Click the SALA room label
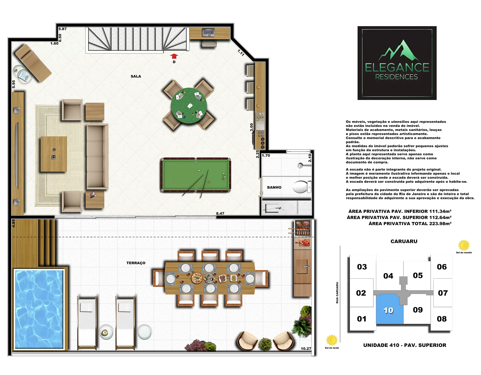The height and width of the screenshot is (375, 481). point(136,76)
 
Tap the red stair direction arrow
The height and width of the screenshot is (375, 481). point(174,56)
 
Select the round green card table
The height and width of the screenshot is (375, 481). point(189,105)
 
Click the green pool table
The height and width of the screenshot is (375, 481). point(196,175)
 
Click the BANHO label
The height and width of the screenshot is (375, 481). point(274,187)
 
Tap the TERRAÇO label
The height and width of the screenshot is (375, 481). point(136,263)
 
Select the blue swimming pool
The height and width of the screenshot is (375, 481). point(39,309)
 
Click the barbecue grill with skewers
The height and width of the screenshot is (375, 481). point(303,228)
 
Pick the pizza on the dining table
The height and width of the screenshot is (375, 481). point(197,278)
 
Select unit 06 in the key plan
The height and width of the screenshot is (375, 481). point(442,267)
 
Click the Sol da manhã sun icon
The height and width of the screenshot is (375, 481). point(464,245)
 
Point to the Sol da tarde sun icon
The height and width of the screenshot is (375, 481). point(332,340)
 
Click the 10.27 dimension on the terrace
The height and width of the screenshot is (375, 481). point(306,348)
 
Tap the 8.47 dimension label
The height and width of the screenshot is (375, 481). point(220,213)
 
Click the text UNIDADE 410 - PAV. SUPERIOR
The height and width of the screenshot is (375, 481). point(405,345)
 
